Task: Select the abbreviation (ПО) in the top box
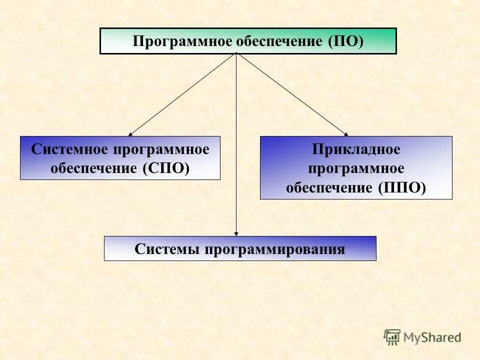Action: [345, 41]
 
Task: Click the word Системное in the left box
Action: [70, 149]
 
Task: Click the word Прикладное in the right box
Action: [356, 149]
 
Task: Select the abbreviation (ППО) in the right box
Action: [402, 187]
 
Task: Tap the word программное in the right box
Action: [356, 168]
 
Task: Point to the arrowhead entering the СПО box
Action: [130, 134]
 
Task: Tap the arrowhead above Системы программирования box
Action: [236, 233]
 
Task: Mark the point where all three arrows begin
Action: [236, 54]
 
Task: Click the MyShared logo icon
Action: [392, 336]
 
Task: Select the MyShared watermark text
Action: [433, 337]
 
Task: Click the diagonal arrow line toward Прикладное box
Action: [292, 95]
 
